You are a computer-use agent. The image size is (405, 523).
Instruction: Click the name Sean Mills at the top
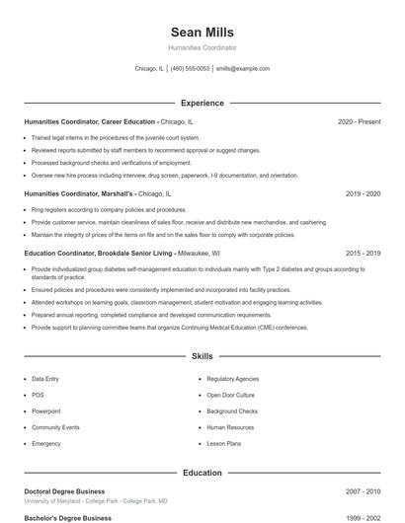pos(202,33)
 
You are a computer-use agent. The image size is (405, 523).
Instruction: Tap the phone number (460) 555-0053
pos(191,69)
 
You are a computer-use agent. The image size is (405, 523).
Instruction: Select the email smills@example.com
pos(243,69)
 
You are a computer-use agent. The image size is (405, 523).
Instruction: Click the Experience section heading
pos(202,103)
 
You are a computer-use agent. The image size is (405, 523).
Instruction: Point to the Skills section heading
pos(202,355)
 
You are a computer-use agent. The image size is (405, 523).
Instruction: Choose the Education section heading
pos(202,473)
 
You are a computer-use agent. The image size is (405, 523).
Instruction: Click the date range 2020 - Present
pos(359,121)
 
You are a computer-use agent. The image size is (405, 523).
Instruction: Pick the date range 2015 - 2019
pos(363,254)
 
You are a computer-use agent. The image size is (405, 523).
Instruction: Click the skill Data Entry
pos(45,379)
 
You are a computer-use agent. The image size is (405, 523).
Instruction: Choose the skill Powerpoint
pos(45,411)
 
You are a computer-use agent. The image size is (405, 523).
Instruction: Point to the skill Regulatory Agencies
pos(233,379)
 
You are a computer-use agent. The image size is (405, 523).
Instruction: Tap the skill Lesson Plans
pos(223,444)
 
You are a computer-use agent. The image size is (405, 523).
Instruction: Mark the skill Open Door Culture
pos(230,395)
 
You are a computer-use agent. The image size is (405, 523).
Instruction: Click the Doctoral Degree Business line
pos(64,491)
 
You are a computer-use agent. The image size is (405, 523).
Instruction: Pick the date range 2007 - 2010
pos(363,491)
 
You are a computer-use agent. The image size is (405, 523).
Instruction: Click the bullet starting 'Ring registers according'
pos(109,210)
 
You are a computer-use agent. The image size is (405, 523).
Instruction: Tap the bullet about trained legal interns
pos(116,137)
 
